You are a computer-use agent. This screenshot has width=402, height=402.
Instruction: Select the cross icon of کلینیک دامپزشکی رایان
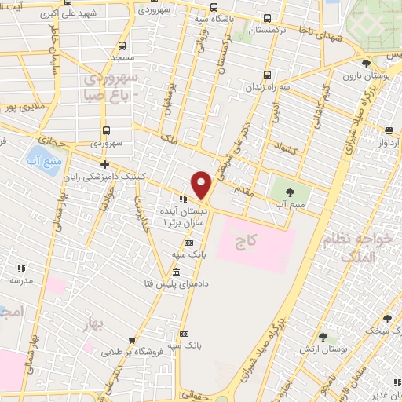(104, 163)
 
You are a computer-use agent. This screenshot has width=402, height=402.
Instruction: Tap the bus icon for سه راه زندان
(269, 75)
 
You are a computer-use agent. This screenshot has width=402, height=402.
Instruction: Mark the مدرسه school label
(20, 280)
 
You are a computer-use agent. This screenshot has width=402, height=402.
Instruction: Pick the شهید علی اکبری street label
(92, 14)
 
